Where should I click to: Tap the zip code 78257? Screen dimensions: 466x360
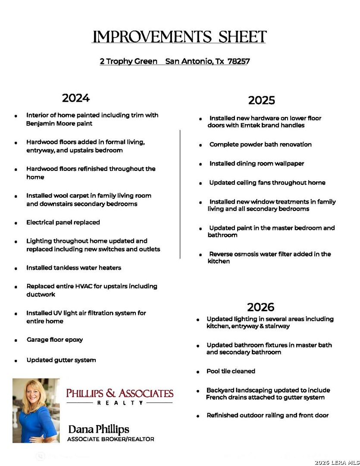pos(238,61)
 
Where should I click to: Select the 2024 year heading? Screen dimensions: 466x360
pos(76,98)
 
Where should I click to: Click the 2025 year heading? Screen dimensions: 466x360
pos(261,101)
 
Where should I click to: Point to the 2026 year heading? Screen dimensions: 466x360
pos(260,307)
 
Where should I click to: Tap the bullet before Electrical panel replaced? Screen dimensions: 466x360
pos(16,223)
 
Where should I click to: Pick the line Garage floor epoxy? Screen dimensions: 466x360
pos(54,340)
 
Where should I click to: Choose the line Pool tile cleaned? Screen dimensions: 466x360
pos(231,371)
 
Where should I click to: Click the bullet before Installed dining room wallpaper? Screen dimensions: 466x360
pos(200,164)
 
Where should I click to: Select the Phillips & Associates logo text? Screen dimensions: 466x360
pos(119,393)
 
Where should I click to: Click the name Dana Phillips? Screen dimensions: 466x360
pos(99,429)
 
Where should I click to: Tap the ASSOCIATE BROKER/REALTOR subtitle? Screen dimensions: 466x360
pos(110,439)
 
